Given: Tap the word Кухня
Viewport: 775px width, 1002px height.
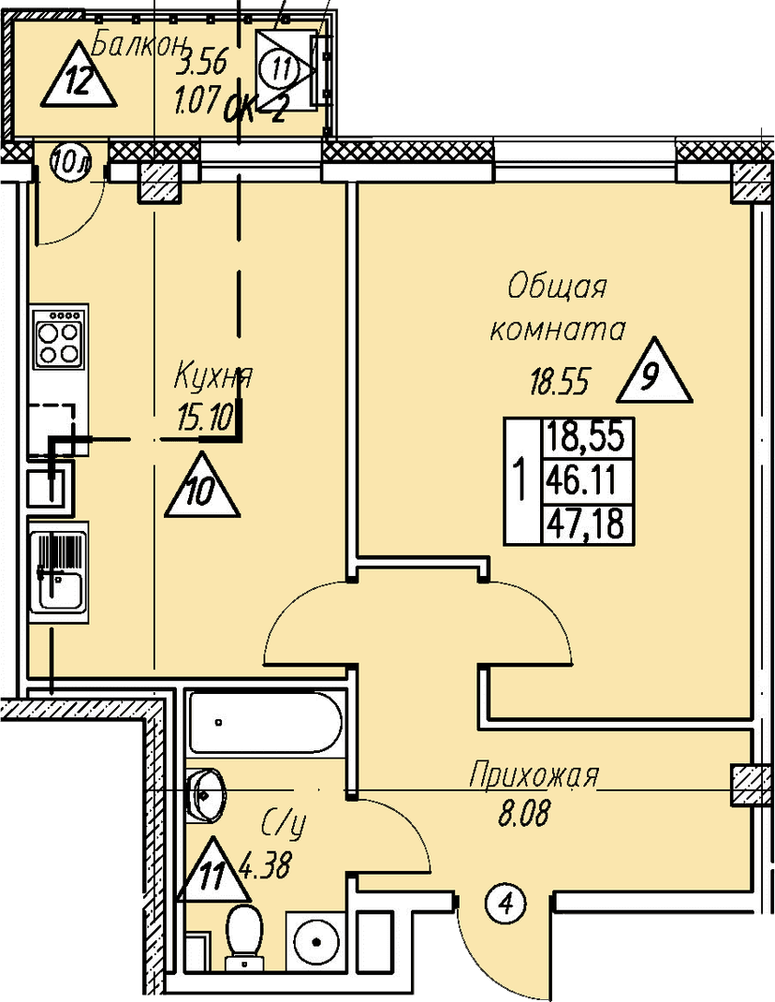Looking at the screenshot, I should pyautogui.click(x=213, y=377).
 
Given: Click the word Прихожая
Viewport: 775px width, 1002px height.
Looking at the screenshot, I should pyautogui.click(x=533, y=775).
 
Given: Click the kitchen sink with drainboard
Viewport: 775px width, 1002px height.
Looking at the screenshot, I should pyautogui.click(x=58, y=571).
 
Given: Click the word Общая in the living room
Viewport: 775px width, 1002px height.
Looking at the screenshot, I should pyautogui.click(x=557, y=287).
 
